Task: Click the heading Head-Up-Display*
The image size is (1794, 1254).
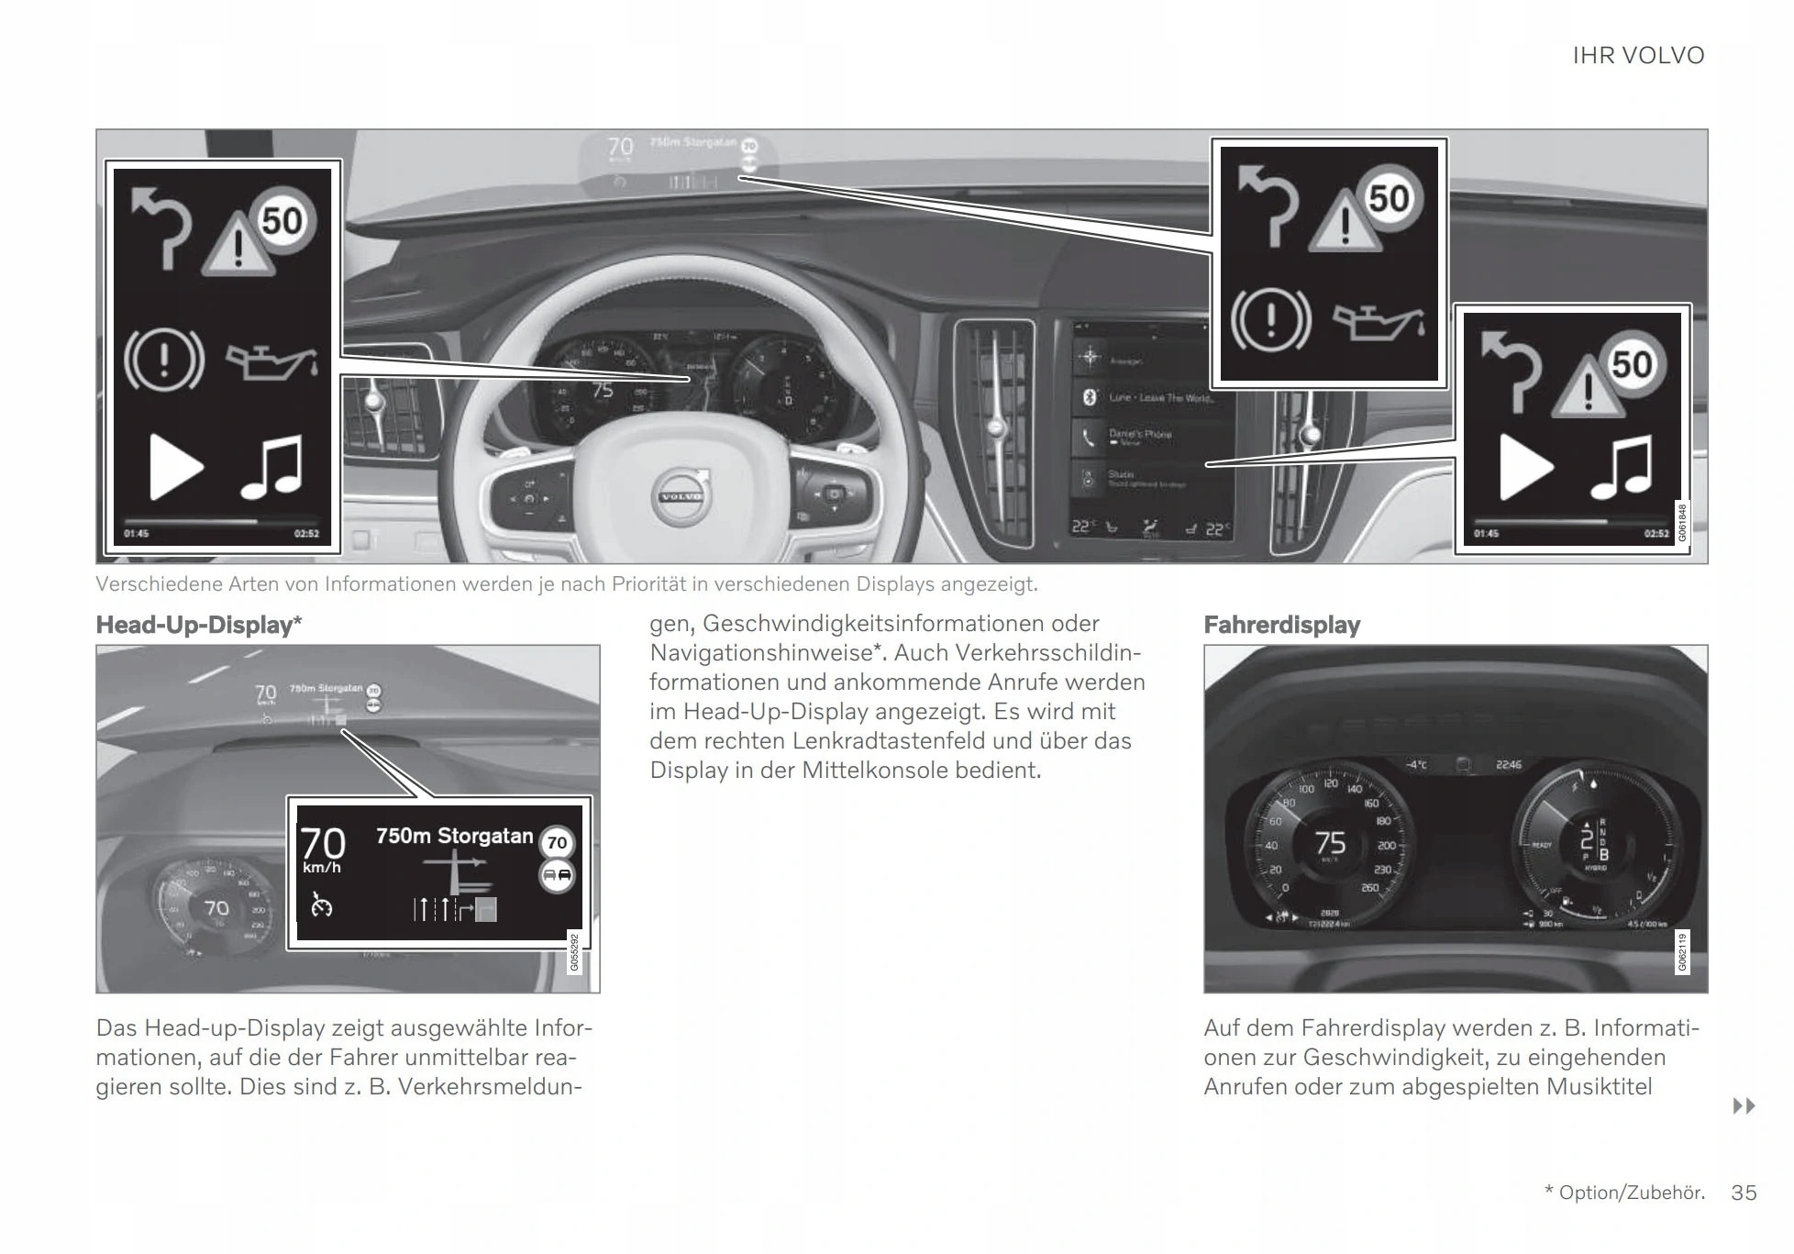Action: coord(198,626)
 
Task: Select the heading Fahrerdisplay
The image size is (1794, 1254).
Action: coord(1281,626)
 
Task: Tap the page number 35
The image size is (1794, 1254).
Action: coord(1744,1193)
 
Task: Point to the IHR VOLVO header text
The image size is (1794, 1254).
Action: coord(1638,56)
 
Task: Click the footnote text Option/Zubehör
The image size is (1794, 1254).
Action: coord(1632,1193)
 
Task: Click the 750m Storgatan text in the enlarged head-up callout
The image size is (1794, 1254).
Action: coord(454,836)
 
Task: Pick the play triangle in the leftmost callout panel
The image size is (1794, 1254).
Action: coord(174,467)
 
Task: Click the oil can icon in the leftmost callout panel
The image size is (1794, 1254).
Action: coord(272,361)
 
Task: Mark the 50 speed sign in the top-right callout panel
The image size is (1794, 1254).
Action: coord(1389,199)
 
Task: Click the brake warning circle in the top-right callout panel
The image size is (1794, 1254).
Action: coord(1271,320)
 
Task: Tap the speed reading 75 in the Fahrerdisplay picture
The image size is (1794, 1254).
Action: coord(1329,842)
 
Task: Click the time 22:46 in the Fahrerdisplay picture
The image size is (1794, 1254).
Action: coord(1508,764)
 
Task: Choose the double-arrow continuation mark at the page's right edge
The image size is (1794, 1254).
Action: coord(1744,1106)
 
